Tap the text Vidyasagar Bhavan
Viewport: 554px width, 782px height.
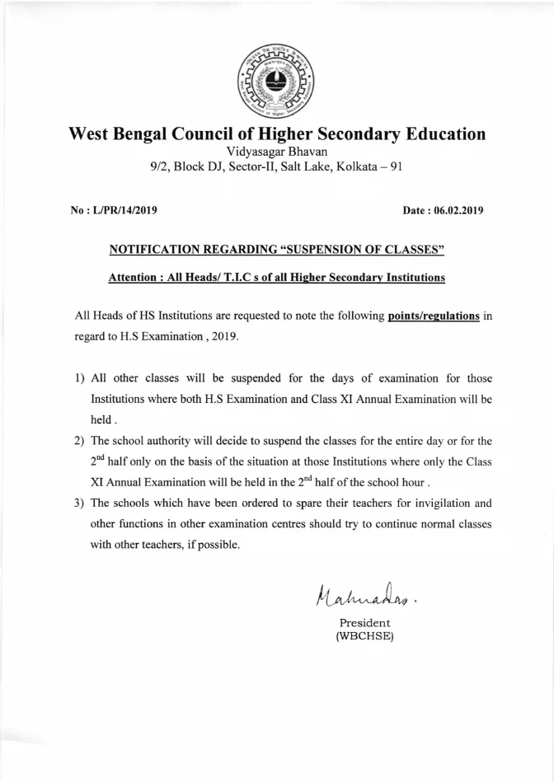coord(276,152)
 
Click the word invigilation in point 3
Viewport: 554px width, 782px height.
coord(443,503)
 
